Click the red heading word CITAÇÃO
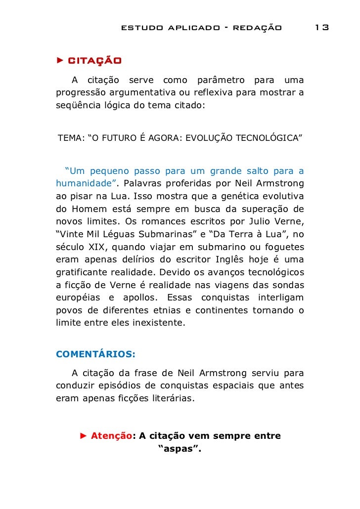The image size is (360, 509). click(94, 61)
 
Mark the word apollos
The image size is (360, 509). click(136, 298)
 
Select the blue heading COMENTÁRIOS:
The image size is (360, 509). click(95, 354)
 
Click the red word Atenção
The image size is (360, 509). click(112, 436)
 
